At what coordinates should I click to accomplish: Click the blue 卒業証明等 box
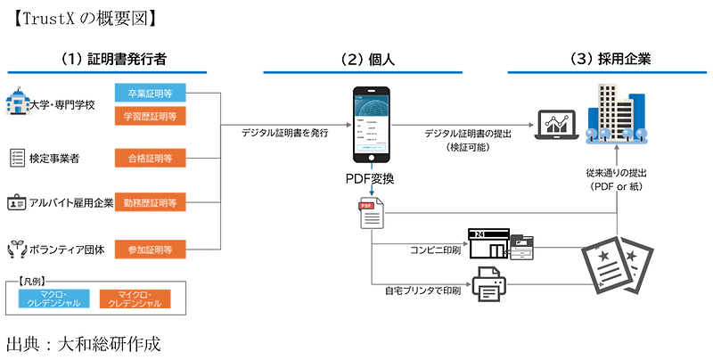(x=150, y=92)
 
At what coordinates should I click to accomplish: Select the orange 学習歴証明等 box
(x=150, y=115)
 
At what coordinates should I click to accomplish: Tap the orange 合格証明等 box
(x=150, y=159)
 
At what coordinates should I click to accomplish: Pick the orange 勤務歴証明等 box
(x=150, y=202)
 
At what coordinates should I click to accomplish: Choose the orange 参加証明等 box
(x=150, y=248)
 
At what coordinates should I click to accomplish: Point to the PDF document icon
(x=370, y=214)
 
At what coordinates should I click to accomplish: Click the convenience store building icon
(x=495, y=242)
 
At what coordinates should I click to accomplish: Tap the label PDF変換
(x=370, y=179)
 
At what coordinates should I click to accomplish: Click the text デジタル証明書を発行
(x=285, y=133)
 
